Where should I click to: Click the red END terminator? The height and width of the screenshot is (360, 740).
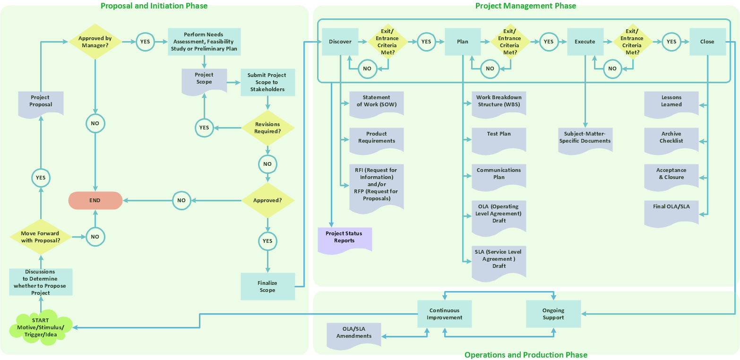[95, 200]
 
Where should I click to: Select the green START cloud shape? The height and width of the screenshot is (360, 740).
[40, 327]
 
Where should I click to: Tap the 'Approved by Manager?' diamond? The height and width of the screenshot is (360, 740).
[95, 42]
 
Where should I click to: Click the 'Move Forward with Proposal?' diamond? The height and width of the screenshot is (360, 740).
[40, 237]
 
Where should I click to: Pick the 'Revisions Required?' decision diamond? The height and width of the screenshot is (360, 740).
[267, 128]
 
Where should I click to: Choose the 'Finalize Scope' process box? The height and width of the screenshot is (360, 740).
[267, 286]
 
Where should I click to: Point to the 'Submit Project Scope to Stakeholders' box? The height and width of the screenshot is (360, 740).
[267, 82]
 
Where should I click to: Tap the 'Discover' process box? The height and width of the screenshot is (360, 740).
[340, 42]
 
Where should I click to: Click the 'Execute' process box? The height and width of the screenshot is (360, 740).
[585, 42]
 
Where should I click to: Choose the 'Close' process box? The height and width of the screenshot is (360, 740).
[707, 42]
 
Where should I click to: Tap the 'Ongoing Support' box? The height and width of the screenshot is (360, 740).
[553, 314]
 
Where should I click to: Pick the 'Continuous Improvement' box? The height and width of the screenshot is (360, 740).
[444, 314]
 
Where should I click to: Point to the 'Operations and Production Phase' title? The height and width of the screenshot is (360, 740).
[525, 355]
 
